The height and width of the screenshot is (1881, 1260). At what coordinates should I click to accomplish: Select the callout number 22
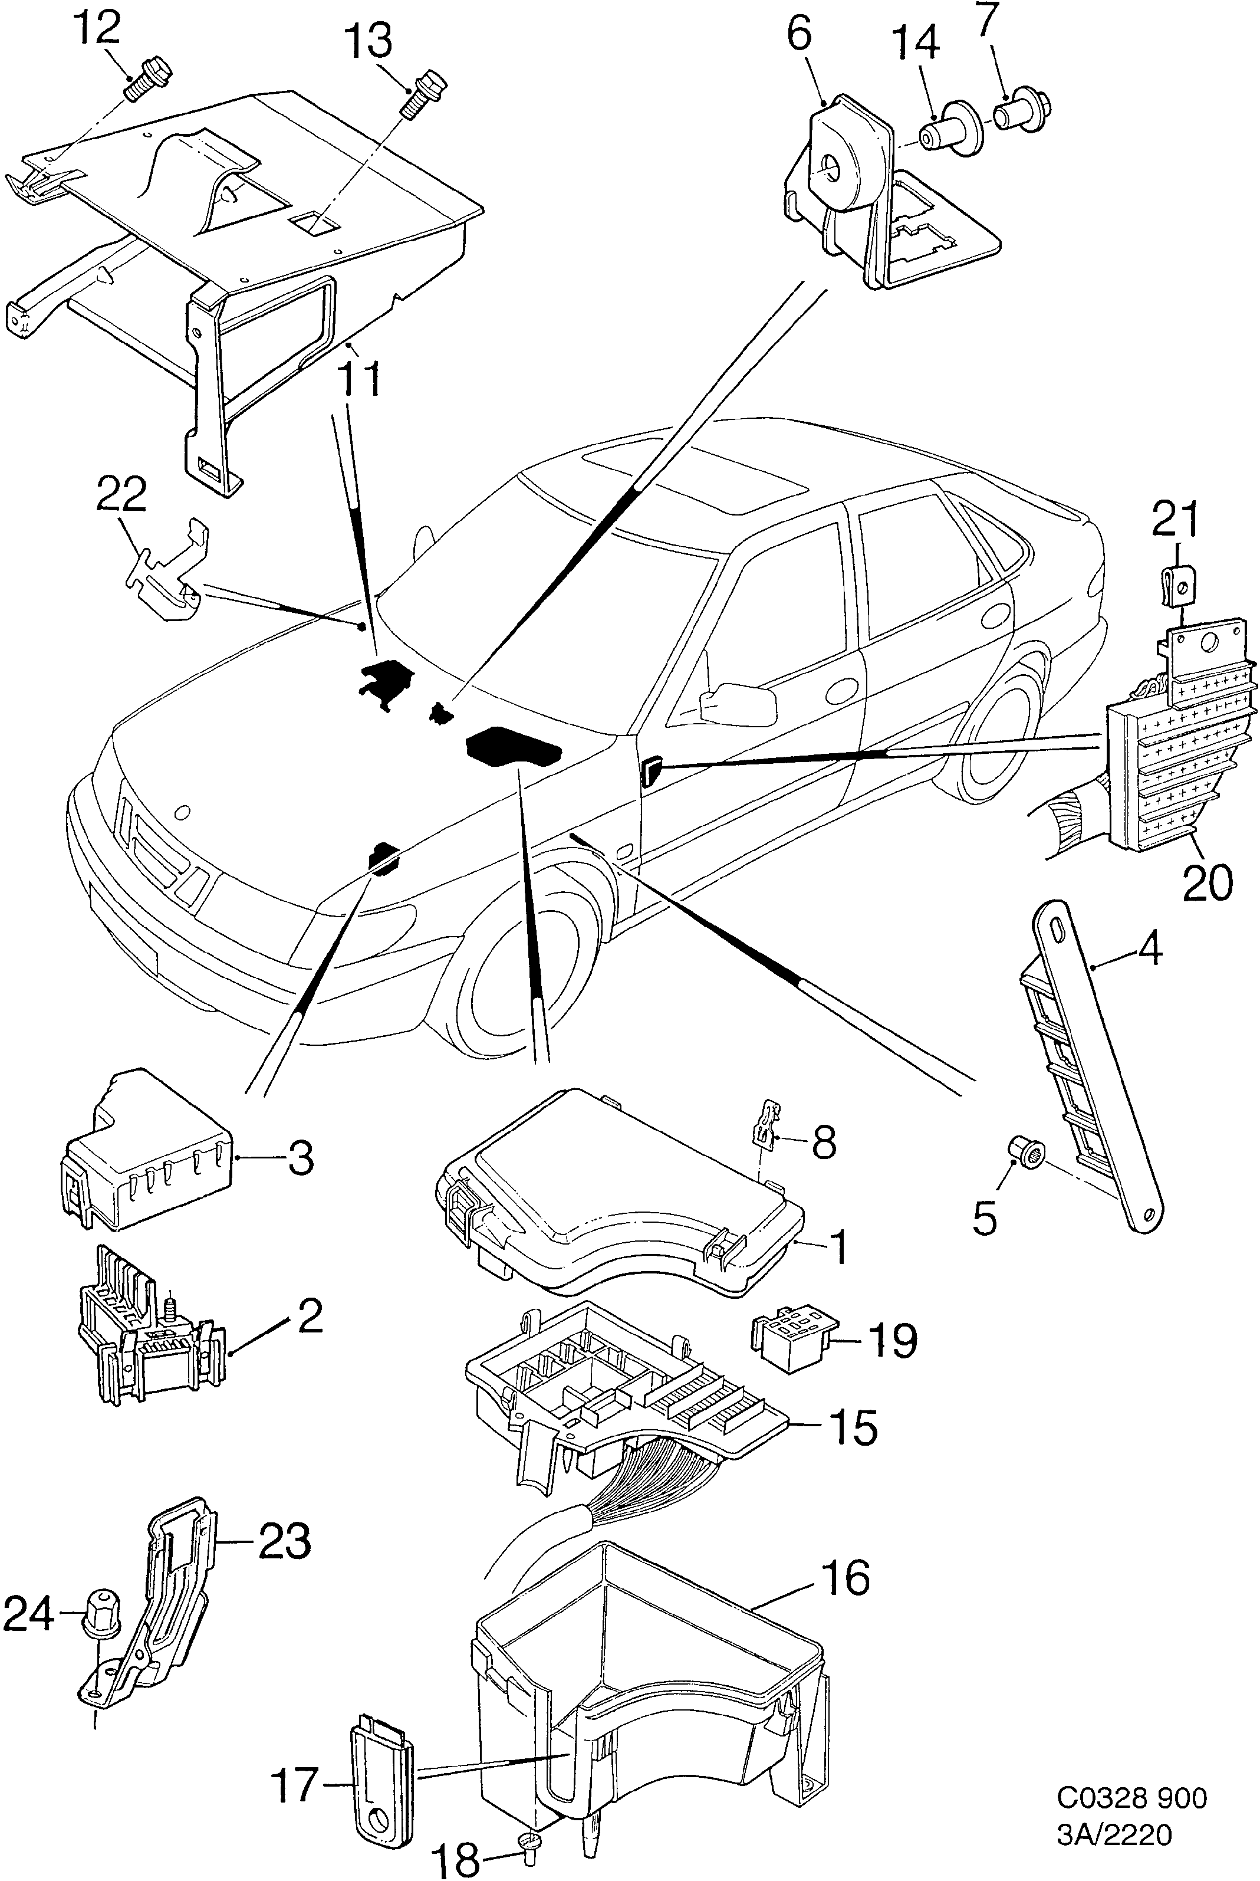122,496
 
